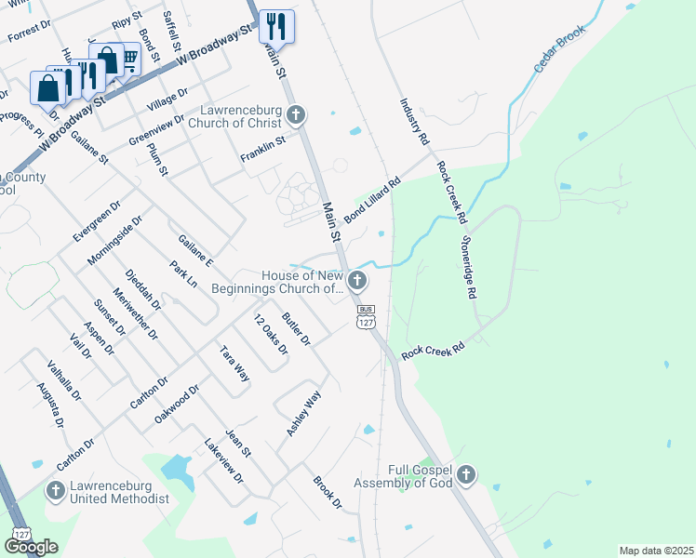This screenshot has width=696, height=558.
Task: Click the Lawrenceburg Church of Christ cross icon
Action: click(x=296, y=116)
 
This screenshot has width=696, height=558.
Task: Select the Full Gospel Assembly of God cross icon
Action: click(x=466, y=476)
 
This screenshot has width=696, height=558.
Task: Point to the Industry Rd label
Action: click(x=414, y=122)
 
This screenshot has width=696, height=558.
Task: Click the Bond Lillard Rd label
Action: click(x=371, y=200)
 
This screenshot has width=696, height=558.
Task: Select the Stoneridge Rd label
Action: click(x=468, y=267)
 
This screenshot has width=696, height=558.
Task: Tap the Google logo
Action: click(x=31, y=547)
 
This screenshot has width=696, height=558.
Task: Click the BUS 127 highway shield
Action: click(x=365, y=316)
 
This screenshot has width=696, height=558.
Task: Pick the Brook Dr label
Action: click(x=328, y=494)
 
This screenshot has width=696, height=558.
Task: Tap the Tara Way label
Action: click(x=234, y=363)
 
